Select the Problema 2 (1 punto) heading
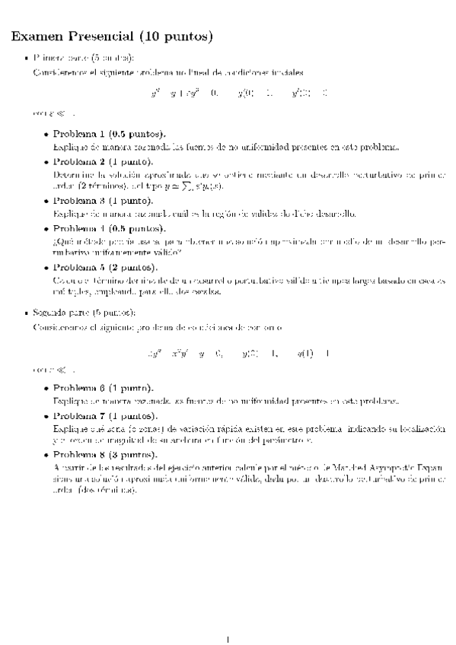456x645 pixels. pos(102,163)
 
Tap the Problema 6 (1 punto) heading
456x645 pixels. pos(102,387)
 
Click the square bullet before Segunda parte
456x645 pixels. pos(27,312)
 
